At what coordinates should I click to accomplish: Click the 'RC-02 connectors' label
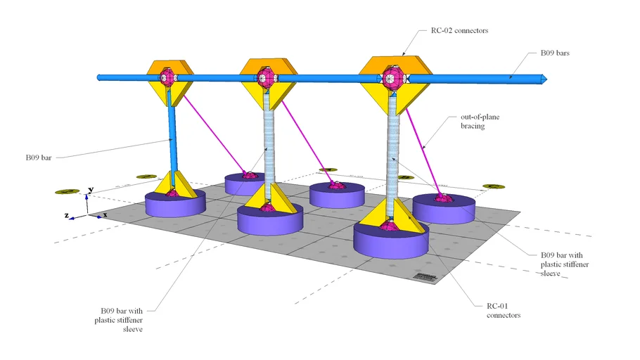461,32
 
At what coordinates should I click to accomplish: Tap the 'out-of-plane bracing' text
480,123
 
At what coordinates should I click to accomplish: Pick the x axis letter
105,214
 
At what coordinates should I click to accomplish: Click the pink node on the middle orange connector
265,77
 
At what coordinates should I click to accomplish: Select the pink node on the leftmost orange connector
167,77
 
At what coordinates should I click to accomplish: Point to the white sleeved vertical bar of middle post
268,141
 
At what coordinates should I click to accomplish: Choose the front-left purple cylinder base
174,204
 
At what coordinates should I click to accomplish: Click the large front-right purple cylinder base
391,240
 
